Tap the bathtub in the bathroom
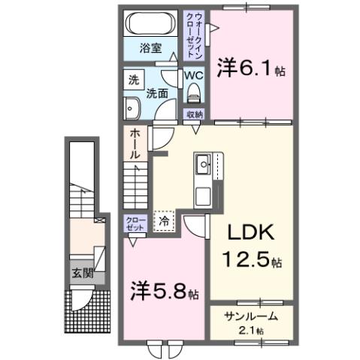point(150,22)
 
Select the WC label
point(193,76)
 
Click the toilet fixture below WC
point(194,93)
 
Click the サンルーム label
point(248,317)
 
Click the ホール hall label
point(135,142)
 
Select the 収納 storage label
point(195,114)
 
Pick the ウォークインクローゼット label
point(197,36)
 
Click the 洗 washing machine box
point(133,80)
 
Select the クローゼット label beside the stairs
point(134,223)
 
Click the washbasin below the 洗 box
point(132,107)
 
